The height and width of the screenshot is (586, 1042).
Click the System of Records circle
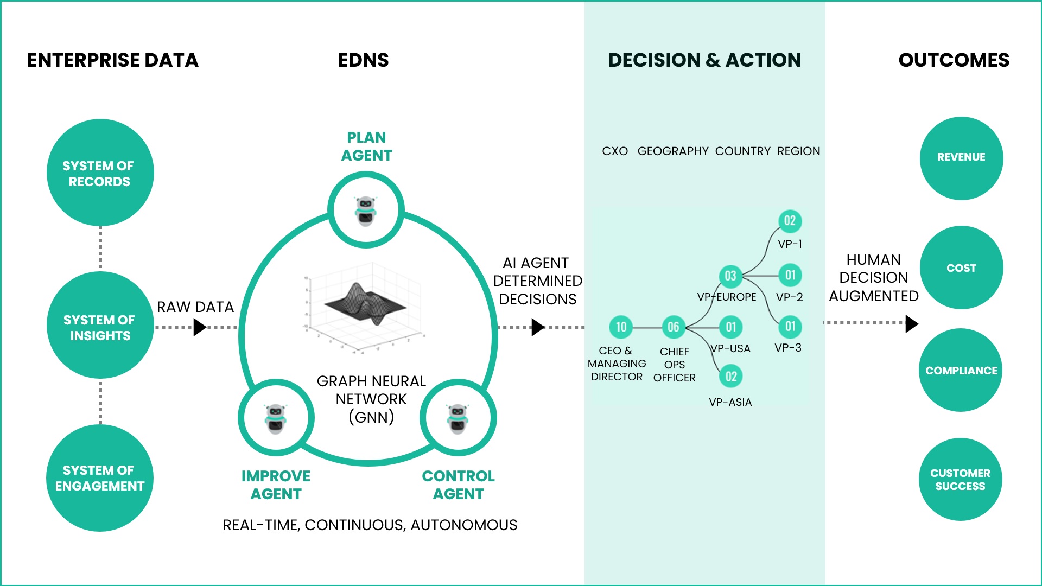click(x=100, y=173)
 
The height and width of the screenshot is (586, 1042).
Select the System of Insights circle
click(x=100, y=326)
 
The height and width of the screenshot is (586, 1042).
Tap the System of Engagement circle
click(x=100, y=477)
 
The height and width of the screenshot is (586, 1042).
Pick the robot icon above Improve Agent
click(x=276, y=418)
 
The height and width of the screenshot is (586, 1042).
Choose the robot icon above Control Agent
click(x=458, y=418)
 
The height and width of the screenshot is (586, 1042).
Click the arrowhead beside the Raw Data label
click(x=200, y=327)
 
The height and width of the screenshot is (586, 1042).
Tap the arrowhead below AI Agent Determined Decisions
click(x=537, y=327)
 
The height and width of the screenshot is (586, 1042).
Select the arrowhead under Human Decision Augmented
click(x=912, y=323)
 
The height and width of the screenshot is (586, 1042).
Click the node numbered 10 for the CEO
click(x=621, y=327)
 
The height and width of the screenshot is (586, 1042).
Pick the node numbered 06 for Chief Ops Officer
click(x=674, y=327)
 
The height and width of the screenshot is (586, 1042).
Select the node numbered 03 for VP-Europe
click(x=730, y=276)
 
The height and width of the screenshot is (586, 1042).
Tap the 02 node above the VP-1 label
click(x=790, y=221)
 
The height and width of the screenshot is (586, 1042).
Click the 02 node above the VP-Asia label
click(x=731, y=377)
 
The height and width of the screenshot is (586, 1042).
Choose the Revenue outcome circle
click(x=961, y=158)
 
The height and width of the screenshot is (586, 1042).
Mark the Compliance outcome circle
click(x=961, y=371)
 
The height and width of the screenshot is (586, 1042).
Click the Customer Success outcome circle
click(x=960, y=480)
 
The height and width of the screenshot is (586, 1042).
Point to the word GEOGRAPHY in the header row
click(x=673, y=151)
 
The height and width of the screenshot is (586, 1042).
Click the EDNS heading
click(x=363, y=60)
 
